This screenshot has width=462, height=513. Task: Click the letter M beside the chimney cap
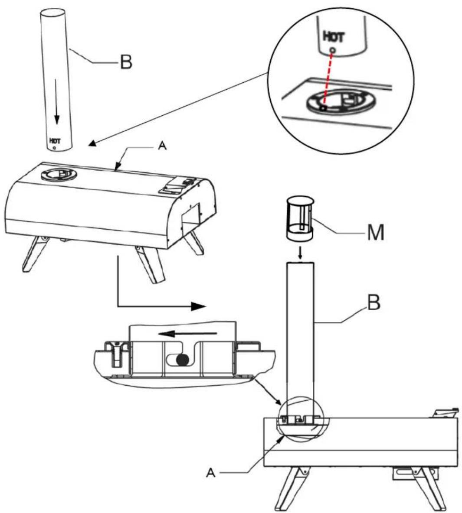[x=375, y=233]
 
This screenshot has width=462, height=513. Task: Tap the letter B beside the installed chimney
[x=373, y=303]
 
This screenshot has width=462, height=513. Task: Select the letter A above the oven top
[x=162, y=146]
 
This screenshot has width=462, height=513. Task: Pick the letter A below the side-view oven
[x=211, y=473]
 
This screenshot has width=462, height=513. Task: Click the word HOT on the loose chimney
[x=55, y=141]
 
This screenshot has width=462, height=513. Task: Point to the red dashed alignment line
[x=328, y=80]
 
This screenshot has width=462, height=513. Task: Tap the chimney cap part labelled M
[x=300, y=218]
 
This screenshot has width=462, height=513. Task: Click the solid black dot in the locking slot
[x=183, y=360]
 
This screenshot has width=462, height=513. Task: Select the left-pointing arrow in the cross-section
[x=187, y=334]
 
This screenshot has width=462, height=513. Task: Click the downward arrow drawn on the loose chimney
[x=57, y=101]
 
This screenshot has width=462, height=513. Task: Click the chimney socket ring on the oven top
[x=59, y=174]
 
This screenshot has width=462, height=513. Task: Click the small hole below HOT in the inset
[x=333, y=50]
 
